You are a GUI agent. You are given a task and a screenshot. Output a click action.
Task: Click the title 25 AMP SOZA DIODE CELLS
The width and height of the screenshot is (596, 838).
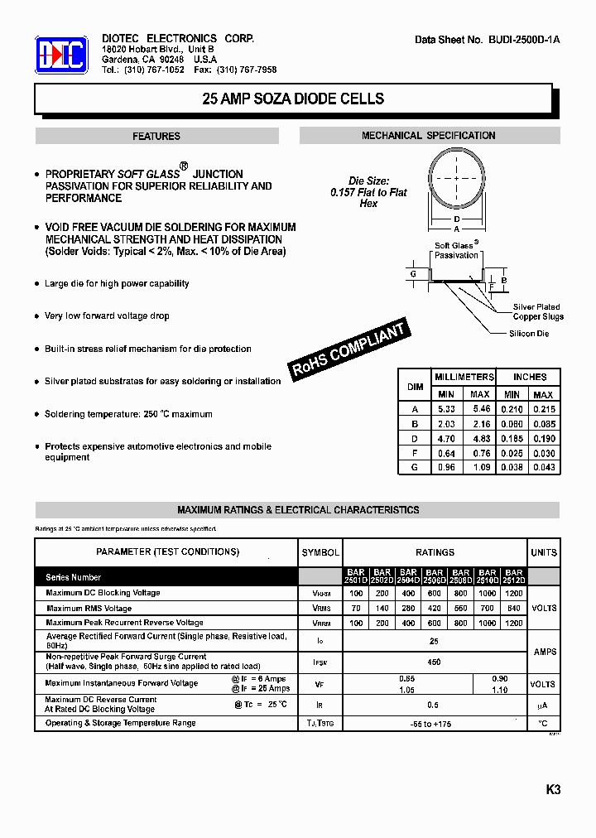point(293,99)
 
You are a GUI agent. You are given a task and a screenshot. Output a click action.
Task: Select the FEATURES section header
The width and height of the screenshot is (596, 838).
point(156,136)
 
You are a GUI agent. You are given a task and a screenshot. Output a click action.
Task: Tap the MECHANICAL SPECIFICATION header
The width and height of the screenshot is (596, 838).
point(428,135)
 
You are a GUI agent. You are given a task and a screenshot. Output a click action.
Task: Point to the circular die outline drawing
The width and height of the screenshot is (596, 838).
point(456,178)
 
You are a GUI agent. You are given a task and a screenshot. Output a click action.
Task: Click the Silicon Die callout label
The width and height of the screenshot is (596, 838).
point(529,334)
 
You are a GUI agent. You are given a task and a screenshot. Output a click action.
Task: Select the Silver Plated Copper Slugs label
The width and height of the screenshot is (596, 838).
point(538,312)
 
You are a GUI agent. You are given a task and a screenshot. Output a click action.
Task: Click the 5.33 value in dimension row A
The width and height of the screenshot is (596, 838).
point(445,409)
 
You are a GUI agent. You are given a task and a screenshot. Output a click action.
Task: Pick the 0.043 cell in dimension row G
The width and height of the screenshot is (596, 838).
point(543,467)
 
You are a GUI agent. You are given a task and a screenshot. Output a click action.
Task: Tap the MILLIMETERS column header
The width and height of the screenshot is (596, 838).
point(464,377)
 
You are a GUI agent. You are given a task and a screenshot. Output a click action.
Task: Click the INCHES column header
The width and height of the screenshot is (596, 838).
point(529,377)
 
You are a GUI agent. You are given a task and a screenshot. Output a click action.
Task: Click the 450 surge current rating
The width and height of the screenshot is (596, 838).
point(434,662)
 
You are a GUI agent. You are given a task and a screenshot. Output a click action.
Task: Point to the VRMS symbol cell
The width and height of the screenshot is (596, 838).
point(320,609)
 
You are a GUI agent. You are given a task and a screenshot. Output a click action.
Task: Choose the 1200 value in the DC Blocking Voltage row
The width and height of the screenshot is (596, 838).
point(513,594)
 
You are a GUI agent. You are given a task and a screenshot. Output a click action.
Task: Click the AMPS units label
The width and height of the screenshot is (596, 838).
point(545,652)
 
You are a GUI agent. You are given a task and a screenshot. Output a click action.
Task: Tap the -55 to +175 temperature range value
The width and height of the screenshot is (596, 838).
point(434,725)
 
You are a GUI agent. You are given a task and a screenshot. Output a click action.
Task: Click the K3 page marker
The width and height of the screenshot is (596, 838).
point(553,790)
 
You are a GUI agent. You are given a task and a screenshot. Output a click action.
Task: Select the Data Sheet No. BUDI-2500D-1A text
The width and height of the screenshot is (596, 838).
point(488,40)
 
